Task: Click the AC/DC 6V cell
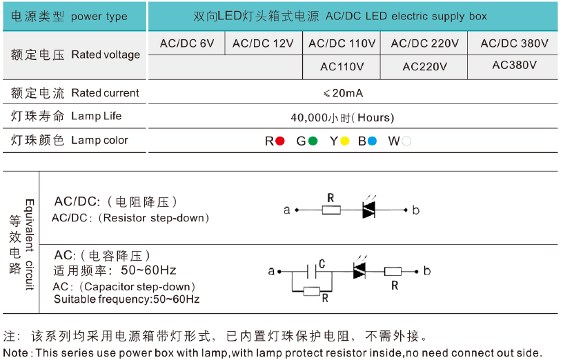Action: (x=187, y=43)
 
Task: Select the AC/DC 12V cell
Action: (x=263, y=43)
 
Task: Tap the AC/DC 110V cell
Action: (x=342, y=43)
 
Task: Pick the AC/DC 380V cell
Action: (x=514, y=43)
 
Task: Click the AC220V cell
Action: (x=424, y=67)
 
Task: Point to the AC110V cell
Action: (x=342, y=67)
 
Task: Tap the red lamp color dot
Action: (x=280, y=141)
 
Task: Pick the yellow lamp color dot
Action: (x=345, y=141)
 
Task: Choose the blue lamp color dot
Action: (x=372, y=141)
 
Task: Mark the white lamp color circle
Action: (x=407, y=141)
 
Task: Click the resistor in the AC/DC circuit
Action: (x=331, y=210)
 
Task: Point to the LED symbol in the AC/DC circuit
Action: (x=368, y=210)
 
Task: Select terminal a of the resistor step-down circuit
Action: (x=287, y=210)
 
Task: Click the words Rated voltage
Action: (x=106, y=55)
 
